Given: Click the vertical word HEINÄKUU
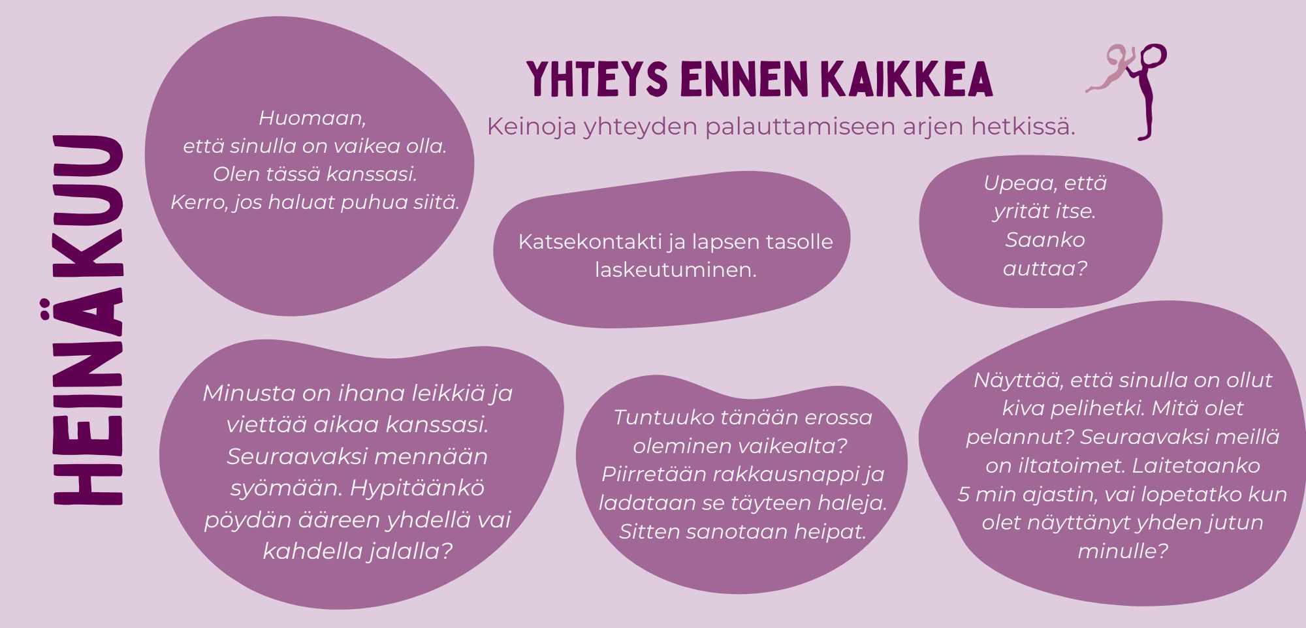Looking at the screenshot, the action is pyautogui.click(x=88, y=320).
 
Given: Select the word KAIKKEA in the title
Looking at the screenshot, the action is pyautogui.click(x=907, y=80).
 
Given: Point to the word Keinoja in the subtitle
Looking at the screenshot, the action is pyautogui.click(x=532, y=127).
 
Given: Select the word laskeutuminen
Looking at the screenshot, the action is pyautogui.click(x=675, y=270).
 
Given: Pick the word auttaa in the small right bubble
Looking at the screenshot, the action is pyautogui.click(x=1038, y=268).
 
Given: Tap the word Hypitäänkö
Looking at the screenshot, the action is pyautogui.click(x=417, y=488).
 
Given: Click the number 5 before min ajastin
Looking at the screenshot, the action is pyautogui.click(x=964, y=494).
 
